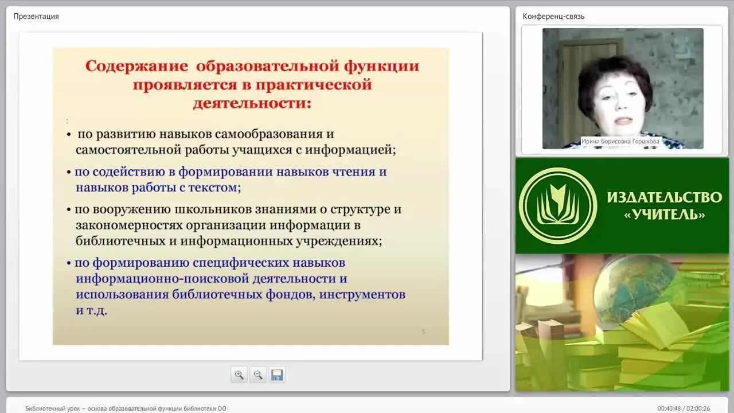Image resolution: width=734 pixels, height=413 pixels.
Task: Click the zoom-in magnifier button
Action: coord(239,375)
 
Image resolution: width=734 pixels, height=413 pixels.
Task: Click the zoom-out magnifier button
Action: coord(258,375)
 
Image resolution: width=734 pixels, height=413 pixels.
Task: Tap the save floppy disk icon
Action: coord(277,375)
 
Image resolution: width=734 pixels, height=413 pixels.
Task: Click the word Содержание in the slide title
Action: coord(136,67)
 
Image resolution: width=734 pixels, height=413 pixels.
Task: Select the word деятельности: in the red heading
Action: coord(252,104)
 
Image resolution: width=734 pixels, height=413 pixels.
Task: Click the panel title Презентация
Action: coord(36,16)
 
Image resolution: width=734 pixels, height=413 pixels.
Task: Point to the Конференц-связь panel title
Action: coord(553,16)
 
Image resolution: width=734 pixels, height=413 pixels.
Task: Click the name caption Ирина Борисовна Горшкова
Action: coord(620,141)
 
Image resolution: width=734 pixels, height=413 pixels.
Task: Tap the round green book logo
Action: coord(557,206)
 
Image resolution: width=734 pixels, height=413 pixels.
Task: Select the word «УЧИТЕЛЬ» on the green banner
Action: coord(664,215)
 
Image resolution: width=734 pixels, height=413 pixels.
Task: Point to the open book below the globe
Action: coord(659,324)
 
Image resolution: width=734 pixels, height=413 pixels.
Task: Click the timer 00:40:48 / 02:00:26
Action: coord(684,408)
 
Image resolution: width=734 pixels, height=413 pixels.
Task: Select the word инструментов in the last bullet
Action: coord(362,295)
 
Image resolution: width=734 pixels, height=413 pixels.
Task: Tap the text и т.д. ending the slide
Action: coord(91,311)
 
